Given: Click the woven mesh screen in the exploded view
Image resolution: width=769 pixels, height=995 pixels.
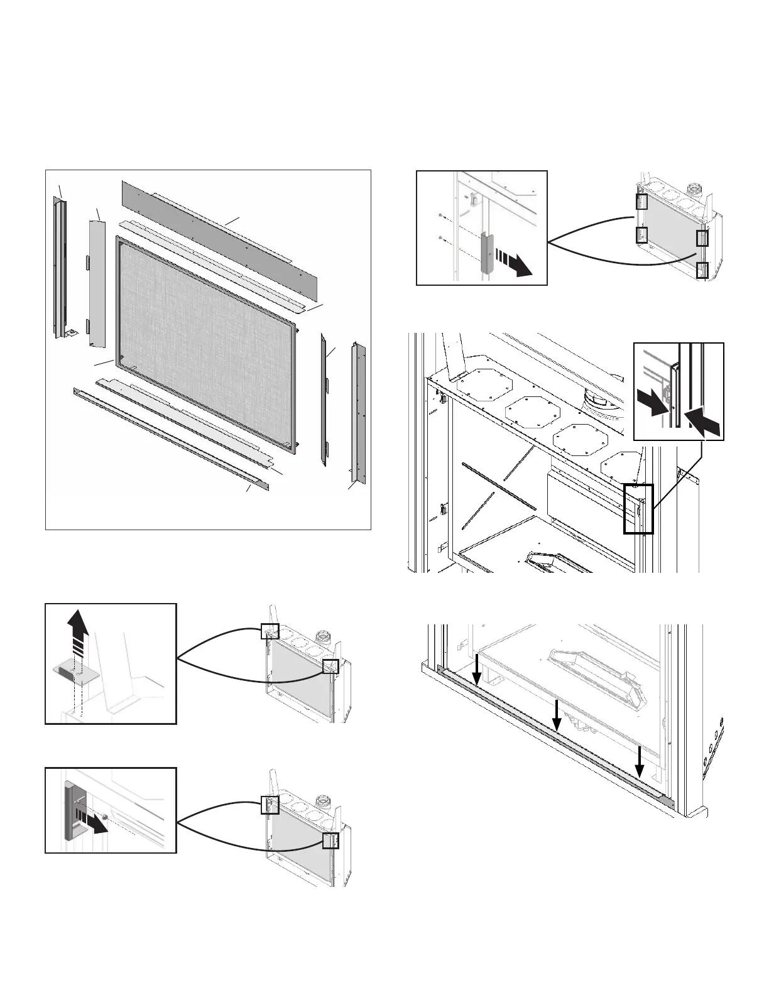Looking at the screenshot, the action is pyautogui.click(x=207, y=342).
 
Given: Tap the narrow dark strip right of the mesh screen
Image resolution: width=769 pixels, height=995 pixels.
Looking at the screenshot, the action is pyautogui.click(x=325, y=400).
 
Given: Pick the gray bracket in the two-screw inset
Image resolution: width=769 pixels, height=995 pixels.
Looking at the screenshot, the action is pyautogui.click(x=486, y=251).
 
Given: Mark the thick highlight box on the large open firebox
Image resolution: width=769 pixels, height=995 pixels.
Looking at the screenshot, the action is pyautogui.click(x=638, y=509).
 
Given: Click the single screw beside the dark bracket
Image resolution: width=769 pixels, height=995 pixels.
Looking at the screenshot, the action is pyautogui.click(x=105, y=817).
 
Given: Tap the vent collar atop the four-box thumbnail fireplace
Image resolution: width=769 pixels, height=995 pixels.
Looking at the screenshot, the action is pyautogui.click(x=695, y=189).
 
